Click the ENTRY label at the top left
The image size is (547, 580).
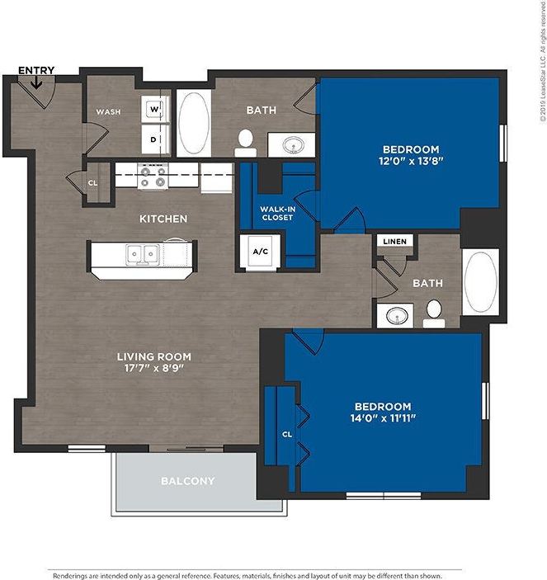[35, 70]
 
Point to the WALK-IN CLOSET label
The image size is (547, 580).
[277, 213]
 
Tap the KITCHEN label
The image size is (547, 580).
[163, 219]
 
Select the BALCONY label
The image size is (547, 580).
[187, 481]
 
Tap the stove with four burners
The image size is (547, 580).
[153, 175]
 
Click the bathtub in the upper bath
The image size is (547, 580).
[194, 124]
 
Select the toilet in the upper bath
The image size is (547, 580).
[244, 143]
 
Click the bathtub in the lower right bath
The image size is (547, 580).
[479, 281]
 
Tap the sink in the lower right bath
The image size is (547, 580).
[398, 316]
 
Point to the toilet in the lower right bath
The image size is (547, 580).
[434, 311]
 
